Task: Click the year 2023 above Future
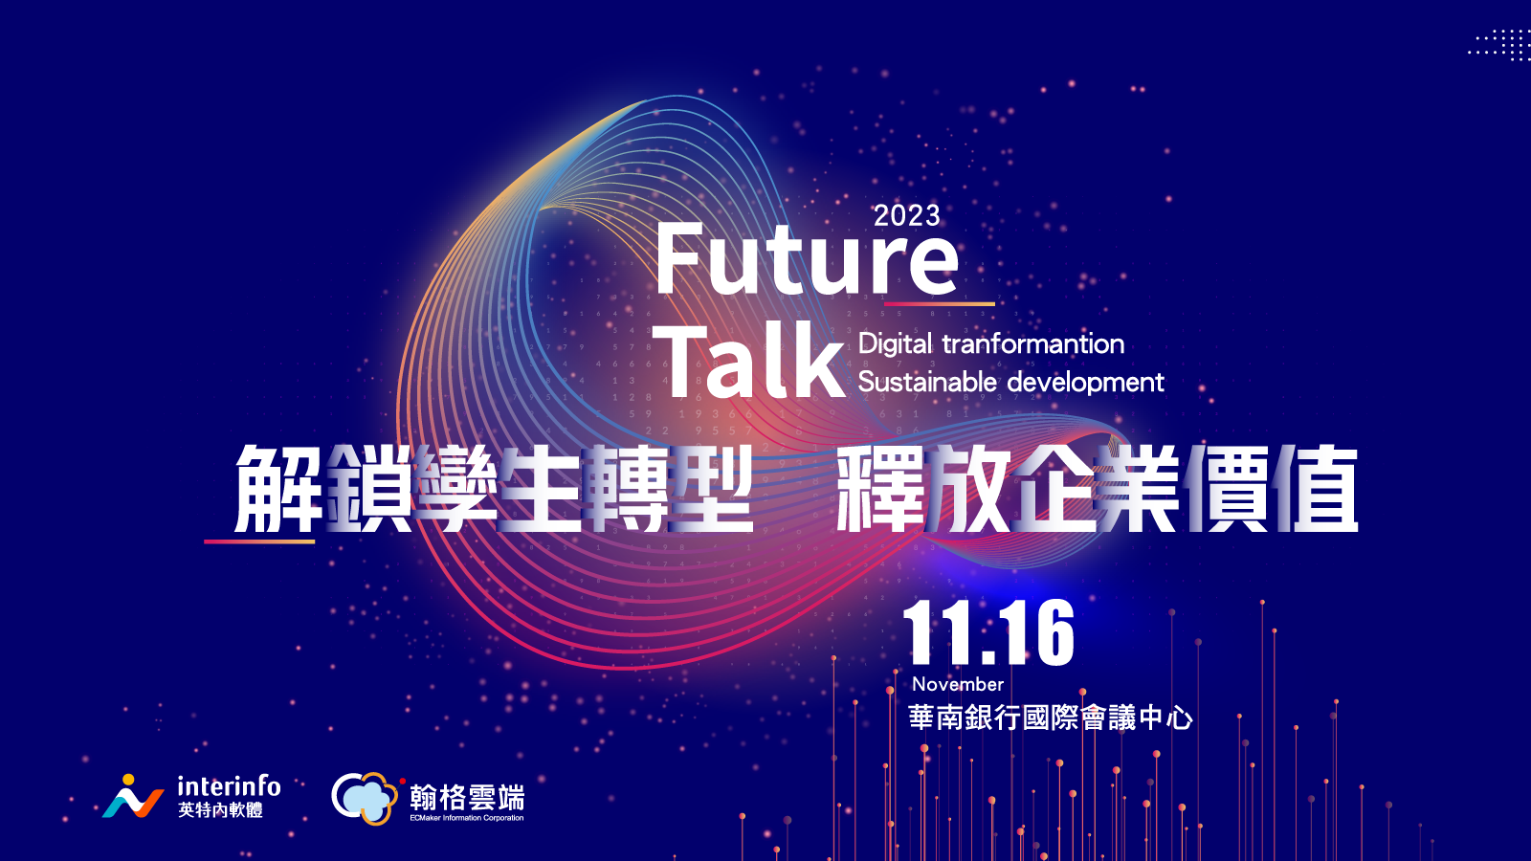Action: pyautogui.click(x=907, y=216)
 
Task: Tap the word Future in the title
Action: pyautogui.click(x=807, y=259)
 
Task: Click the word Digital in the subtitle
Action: pyautogui.click(x=895, y=344)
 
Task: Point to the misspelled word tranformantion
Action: pyautogui.click(x=1033, y=343)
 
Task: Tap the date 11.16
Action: pyautogui.click(x=988, y=632)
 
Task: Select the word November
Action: pyautogui.click(x=958, y=684)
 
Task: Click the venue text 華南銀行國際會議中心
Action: pyautogui.click(x=1051, y=718)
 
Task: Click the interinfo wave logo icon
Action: pyautogui.click(x=133, y=797)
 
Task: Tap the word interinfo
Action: pyautogui.click(x=229, y=786)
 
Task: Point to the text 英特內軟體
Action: pyautogui.click(x=220, y=810)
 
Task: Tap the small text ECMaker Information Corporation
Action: pyautogui.click(x=467, y=818)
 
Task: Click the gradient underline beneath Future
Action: pyautogui.click(x=939, y=303)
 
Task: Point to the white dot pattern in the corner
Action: pyautogui.click(x=1498, y=44)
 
